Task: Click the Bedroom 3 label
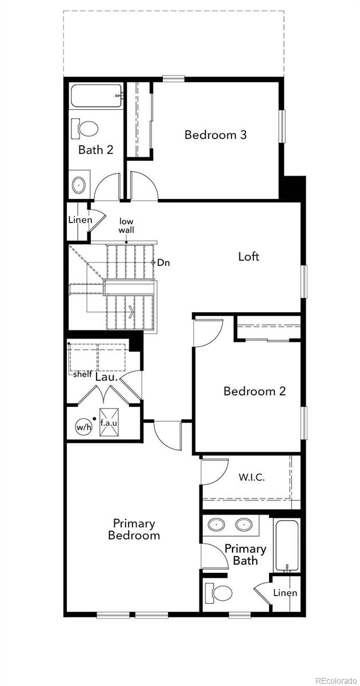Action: [x=215, y=135]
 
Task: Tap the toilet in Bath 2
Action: [x=85, y=129]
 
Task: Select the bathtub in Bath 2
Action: [x=96, y=95]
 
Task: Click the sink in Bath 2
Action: [x=79, y=185]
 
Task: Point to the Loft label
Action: [x=249, y=256]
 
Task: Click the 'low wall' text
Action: [x=126, y=225]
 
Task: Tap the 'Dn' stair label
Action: [x=163, y=262]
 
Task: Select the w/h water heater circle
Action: [x=83, y=426]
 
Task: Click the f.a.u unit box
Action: [x=109, y=422]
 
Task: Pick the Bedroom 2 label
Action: [x=255, y=391]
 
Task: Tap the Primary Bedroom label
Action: [x=134, y=529]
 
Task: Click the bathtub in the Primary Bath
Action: [x=287, y=545]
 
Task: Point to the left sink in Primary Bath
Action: [x=217, y=525]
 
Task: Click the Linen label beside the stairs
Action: [x=80, y=220]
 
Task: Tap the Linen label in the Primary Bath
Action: [x=285, y=593]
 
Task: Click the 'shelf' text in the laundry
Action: [x=83, y=374]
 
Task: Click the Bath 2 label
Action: [x=96, y=150]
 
